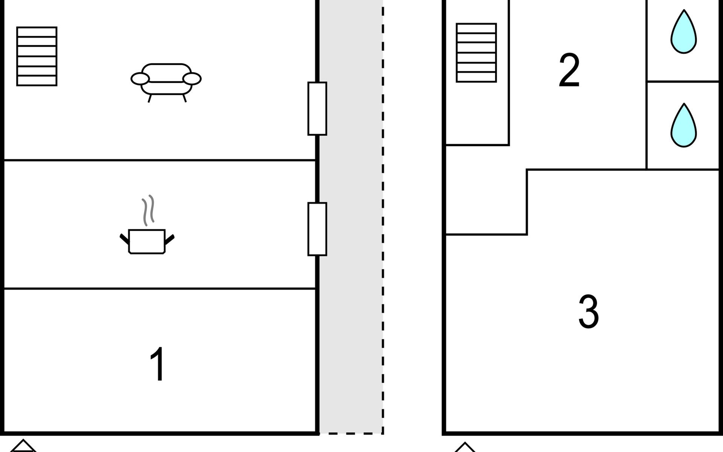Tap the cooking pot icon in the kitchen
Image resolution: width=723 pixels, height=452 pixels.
coord(147,225)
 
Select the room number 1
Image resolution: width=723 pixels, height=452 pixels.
coord(158,364)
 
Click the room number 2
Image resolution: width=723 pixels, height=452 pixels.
coord(569,70)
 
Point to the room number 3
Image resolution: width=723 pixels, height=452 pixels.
coord(589,311)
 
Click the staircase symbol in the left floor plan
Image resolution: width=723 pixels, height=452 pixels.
coord(37,56)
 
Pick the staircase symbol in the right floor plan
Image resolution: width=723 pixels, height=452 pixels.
coord(476,53)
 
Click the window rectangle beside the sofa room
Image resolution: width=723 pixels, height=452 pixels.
coord(317,108)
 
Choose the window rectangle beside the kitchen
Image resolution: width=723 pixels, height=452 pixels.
coord(317,229)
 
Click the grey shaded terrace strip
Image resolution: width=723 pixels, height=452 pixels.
coord(351,217)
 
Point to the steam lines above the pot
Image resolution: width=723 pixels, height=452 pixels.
coord(148,210)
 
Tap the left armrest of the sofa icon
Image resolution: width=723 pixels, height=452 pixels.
coord(140,79)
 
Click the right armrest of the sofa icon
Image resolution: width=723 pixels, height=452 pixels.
coord(192,79)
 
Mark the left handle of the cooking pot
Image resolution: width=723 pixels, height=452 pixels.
coord(124,239)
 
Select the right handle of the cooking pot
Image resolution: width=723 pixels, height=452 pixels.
coord(169,239)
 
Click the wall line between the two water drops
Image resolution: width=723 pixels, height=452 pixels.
coord(683,81)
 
